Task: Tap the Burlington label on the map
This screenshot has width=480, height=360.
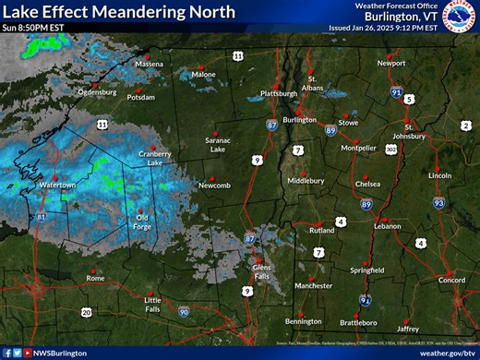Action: pos(299,120)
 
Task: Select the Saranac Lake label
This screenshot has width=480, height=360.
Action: pos(218,144)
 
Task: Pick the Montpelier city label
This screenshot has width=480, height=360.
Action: pos(358,147)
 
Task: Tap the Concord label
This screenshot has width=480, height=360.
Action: pos(450,279)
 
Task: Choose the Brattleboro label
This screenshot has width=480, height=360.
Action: pos(358,322)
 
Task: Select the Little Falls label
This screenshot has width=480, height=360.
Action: pos(152,304)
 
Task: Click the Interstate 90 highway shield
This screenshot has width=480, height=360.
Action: pos(185,314)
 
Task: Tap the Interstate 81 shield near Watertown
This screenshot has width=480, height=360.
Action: pos(42,218)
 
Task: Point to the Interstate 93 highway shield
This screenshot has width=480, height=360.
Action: pos(439,203)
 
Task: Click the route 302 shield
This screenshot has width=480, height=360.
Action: pos(391,148)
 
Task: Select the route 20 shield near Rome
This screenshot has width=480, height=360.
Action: pos(86,312)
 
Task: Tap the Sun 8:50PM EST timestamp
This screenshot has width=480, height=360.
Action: pos(34,28)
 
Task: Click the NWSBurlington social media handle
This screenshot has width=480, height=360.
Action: pos(56,353)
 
